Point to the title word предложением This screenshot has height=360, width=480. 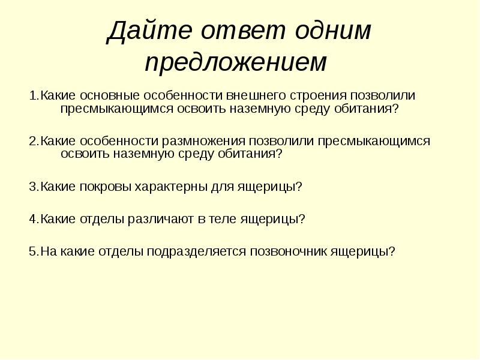click(236, 62)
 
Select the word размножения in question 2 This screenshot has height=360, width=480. click(203, 141)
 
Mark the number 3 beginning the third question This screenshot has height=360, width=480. click(32, 187)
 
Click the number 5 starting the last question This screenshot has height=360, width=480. click(32, 251)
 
